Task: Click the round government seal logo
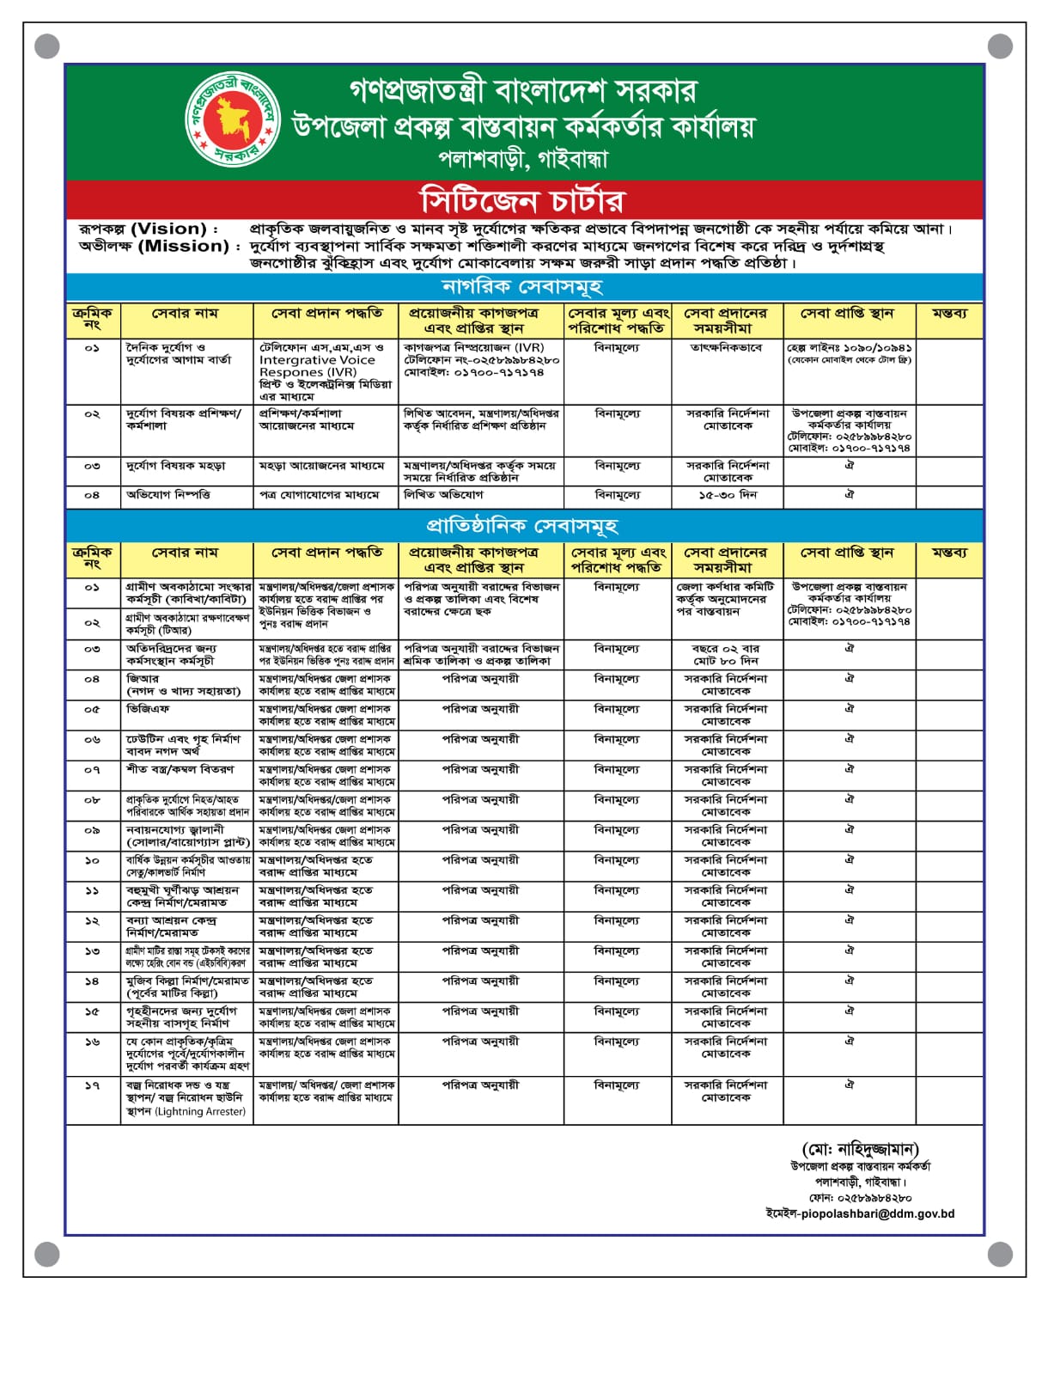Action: pyautogui.click(x=232, y=119)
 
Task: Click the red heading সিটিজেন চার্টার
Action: pyautogui.click(x=522, y=200)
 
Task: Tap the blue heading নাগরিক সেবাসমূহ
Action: pyautogui.click(x=522, y=286)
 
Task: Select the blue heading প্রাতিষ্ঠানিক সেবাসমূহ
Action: pyautogui.click(x=522, y=525)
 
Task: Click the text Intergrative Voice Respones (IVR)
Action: pyautogui.click(x=317, y=366)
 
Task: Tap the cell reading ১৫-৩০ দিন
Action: pyautogui.click(x=727, y=495)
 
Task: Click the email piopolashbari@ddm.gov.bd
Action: pyautogui.click(x=860, y=1214)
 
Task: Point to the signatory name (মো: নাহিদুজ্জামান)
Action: pyautogui.click(x=860, y=1150)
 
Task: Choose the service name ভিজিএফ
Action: pyautogui.click(x=148, y=709)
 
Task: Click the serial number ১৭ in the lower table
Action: pyautogui.click(x=92, y=1085)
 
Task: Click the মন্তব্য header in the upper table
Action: pyautogui.click(x=948, y=314)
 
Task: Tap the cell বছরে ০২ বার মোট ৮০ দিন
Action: pyautogui.click(x=727, y=655)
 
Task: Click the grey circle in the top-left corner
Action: pyautogui.click(x=47, y=46)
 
